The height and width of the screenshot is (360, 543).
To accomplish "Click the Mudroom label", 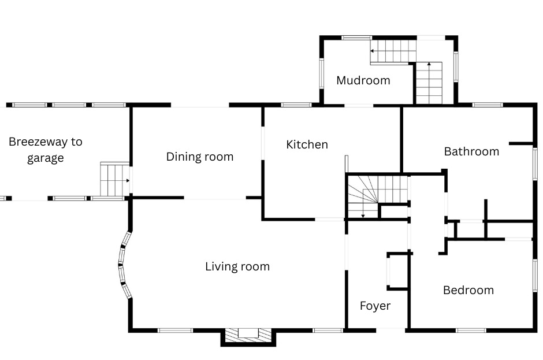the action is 363,80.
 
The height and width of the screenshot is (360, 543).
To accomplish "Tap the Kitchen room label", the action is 307,144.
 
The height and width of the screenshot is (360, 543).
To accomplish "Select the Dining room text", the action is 200,157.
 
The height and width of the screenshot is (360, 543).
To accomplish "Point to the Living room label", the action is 237,266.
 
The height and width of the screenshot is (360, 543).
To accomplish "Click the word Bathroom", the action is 472,151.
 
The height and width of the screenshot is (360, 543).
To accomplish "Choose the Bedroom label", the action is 468,290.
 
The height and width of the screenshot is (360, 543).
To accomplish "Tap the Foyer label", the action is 375,306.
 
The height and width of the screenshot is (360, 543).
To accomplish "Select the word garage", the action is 46,158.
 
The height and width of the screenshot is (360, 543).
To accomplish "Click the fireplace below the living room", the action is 248,336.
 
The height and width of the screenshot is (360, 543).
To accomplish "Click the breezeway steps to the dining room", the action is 115,180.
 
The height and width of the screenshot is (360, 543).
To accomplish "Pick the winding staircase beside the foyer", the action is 377,197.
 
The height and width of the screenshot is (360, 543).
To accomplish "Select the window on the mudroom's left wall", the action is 321,73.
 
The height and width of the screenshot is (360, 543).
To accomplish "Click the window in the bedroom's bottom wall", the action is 471,331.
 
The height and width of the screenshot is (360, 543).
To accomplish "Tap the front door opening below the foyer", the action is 390,330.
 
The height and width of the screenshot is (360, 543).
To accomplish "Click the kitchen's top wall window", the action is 296,105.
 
